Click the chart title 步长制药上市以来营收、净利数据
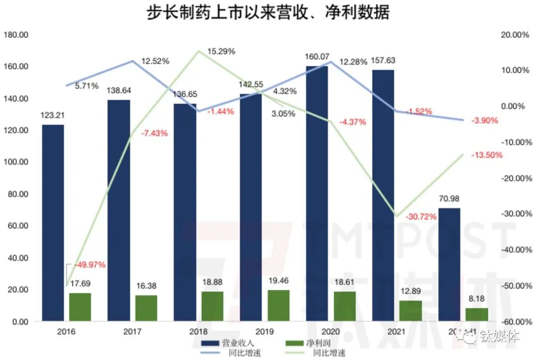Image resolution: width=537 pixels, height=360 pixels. (x=268, y=12)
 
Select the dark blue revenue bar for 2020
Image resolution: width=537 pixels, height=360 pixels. (x=317, y=194)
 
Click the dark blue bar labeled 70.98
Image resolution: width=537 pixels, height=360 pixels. (x=449, y=265)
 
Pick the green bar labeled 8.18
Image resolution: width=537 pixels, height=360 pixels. (x=477, y=315)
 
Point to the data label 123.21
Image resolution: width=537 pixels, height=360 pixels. (x=53, y=115)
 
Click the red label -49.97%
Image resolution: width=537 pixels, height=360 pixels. (x=90, y=265)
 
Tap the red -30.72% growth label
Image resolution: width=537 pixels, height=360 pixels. (x=421, y=216)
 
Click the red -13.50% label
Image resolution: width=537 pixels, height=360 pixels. (x=487, y=155)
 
